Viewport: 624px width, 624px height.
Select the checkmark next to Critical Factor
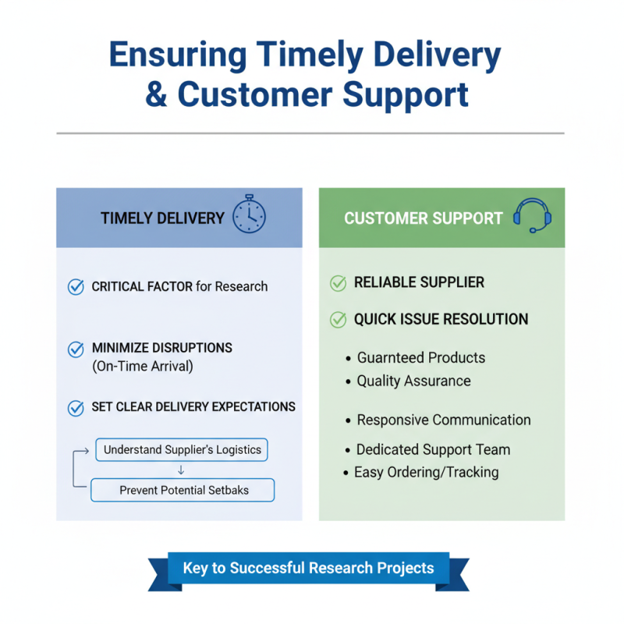(x=76, y=287)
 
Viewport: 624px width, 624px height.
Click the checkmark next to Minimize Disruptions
(x=76, y=349)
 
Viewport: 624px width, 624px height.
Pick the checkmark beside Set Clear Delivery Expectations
(x=76, y=407)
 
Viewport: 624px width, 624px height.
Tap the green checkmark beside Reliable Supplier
(x=339, y=283)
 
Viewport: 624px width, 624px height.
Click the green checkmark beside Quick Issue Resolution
(x=339, y=319)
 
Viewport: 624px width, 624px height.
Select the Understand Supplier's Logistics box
(x=182, y=450)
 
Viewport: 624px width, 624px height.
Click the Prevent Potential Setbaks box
(x=183, y=490)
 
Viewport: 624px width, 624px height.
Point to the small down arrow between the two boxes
(x=181, y=470)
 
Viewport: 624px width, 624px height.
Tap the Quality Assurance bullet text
(x=413, y=381)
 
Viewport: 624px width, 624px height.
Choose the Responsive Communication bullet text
(x=443, y=420)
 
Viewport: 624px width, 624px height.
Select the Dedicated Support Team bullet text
(x=433, y=449)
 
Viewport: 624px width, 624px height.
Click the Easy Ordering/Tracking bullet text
(x=426, y=472)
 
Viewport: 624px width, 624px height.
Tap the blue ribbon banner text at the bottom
(x=308, y=568)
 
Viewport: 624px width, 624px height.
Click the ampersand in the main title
(x=156, y=94)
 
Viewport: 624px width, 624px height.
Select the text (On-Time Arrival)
(x=142, y=366)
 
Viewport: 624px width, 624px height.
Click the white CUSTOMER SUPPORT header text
(x=424, y=218)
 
